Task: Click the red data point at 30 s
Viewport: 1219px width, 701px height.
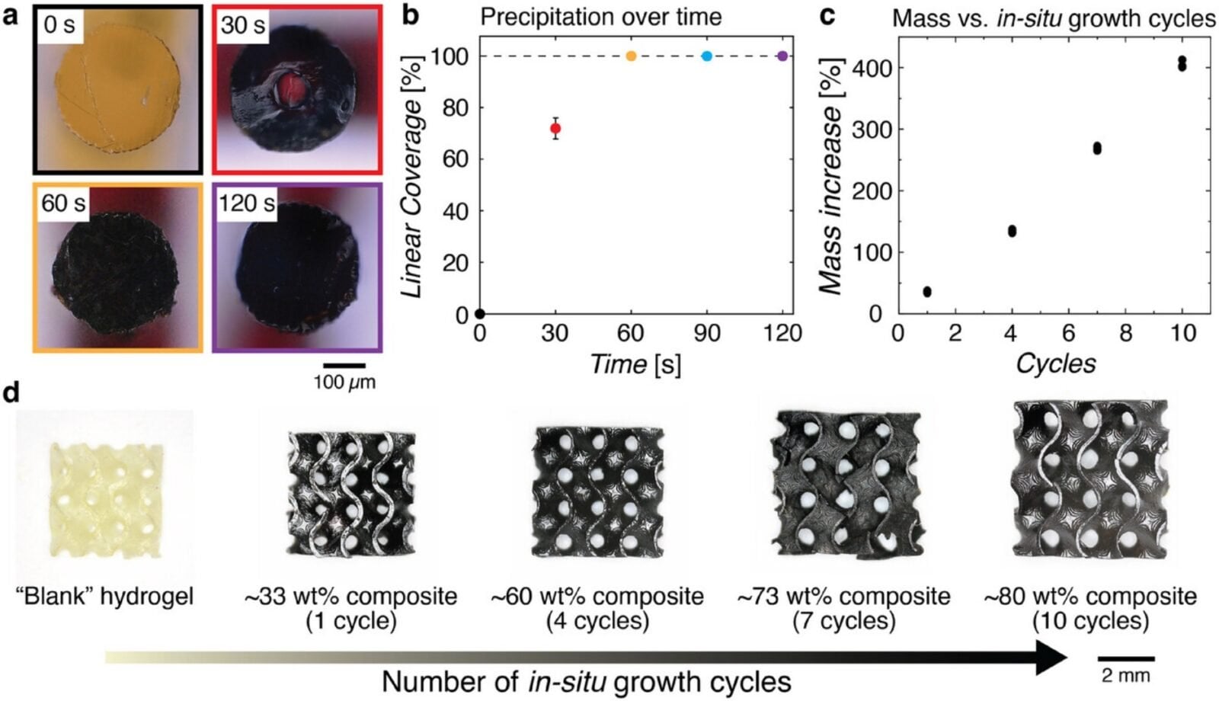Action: (x=555, y=129)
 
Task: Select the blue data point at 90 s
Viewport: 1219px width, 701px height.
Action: (x=707, y=56)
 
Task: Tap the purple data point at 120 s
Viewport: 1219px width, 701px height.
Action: (x=782, y=56)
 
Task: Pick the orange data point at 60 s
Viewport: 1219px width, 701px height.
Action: (x=631, y=56)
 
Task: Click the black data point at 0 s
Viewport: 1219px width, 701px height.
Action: (x=480, y=313)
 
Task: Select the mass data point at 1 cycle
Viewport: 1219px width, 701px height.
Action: (x=927, y=292)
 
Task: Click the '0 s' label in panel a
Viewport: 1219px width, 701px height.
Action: (x=59, y=24)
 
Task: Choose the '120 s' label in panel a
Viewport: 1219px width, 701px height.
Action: (x=247, y=203)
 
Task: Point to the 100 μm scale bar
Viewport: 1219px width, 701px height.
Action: (x=344, y=366)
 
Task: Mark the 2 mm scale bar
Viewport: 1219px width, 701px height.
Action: (x=1126, y=658)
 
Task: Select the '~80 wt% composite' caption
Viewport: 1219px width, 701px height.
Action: (x=1090, y=597)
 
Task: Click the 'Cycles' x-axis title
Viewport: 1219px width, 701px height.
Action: (x=1056, y=363)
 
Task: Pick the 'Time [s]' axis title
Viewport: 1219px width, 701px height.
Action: (x=635, y=364)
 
